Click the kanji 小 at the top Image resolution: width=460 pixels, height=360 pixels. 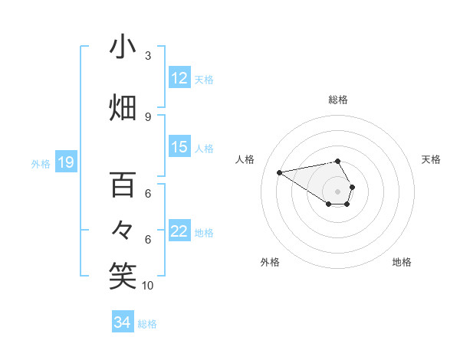(x=123, y=47)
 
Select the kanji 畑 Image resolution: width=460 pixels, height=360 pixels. (x=123, y=107)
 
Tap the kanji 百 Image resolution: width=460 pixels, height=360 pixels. (x=123, y=185)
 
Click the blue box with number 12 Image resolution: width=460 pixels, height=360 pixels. (x=179, y=78)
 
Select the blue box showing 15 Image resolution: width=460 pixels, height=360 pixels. (x=179, y=147)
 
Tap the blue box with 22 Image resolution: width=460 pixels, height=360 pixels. (x=179, y=231)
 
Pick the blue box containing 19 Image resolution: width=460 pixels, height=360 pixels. (x=66, y=162)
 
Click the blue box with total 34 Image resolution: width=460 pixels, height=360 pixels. (x=123, y=322)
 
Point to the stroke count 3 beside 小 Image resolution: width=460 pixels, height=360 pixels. (x=148, y=56)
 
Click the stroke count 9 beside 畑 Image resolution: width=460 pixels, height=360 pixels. (x=148, y=116)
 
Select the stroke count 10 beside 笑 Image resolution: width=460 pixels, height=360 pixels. (x=148, y=285)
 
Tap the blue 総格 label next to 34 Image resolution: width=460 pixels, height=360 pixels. (x=147, y=324)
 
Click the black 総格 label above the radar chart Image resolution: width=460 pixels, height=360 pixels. (x=337, y=100)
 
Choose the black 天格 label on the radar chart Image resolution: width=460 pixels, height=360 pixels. (x=431, y=159)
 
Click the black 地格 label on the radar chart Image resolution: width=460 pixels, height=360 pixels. (x=402, y=263)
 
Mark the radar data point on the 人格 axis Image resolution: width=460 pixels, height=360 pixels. (x=280, y=172)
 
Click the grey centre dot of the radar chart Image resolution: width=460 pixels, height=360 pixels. (x=337, y=190)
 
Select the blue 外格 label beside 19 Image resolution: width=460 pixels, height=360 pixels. (x=41, y=163)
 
